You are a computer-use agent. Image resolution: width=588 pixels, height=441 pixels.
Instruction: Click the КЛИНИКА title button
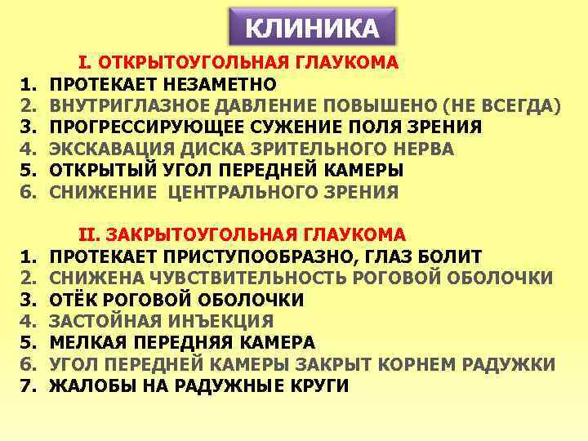(313, 29)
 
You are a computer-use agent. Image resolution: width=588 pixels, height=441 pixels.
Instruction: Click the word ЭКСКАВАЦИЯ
(102, 149)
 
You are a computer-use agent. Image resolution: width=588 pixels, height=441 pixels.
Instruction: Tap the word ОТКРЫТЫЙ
(98, 171)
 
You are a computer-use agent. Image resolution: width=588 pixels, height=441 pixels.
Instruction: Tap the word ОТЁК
(72, 300)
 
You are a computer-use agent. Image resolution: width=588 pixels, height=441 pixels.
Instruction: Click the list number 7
(28, 386)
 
